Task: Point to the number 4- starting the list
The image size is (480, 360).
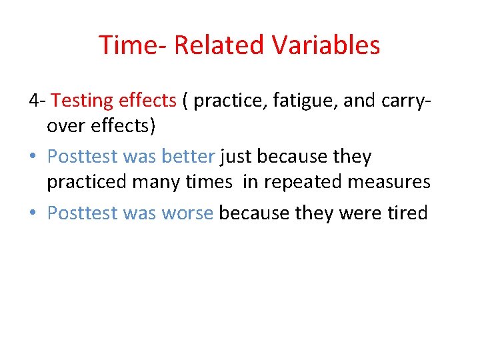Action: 37,101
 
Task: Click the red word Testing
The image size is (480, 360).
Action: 82,101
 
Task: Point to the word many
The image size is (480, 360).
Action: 157,181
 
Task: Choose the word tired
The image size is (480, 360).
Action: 406,213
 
